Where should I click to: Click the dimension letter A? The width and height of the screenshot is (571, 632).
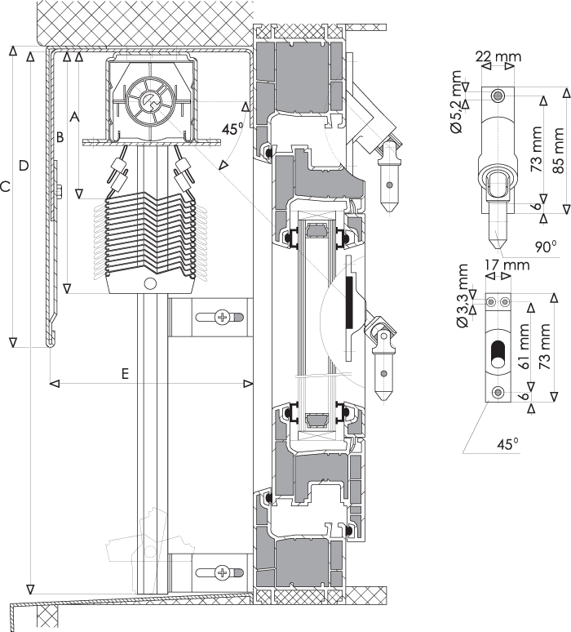pos(74,118)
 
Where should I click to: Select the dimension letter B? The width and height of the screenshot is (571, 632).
pos(60,137)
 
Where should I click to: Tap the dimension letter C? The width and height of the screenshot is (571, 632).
pos(5,187)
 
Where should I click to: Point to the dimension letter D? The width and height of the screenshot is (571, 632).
pos(24,165)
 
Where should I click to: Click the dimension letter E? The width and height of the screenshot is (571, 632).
pos(126,374)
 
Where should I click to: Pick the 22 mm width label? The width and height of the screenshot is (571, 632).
pos(498,56)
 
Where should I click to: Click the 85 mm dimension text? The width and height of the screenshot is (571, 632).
pos(558,151)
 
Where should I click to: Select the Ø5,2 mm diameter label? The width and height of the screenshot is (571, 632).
pos(457,101)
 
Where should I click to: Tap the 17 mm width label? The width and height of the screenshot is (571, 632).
pos(507,265)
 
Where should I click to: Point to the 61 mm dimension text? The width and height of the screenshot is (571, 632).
pos(525,346)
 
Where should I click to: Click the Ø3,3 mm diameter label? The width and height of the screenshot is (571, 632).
pos(463,296)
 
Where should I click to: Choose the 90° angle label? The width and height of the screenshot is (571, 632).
pos(546,247)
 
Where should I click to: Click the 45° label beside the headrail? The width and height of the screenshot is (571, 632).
pos(233,128)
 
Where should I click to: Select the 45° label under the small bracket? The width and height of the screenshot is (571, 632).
pos(507,444)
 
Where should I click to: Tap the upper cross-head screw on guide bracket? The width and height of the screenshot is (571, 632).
pos(222,317)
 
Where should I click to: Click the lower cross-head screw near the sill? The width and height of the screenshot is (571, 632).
pos(222,572)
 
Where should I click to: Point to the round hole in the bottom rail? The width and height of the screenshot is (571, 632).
pos(150,284)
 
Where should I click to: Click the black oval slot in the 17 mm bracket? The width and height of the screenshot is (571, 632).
pos(498,354)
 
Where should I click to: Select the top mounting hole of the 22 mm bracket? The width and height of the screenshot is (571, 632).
pos(498,96)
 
